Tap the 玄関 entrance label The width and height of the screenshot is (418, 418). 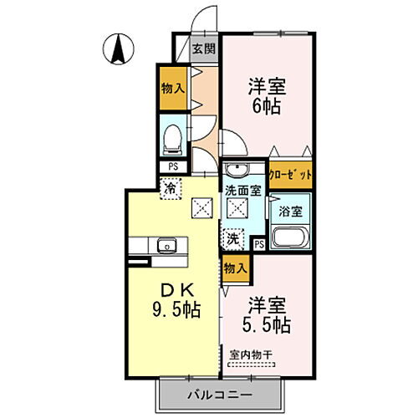[x=203, y=48]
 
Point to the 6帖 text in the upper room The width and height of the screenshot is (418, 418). [x=265, y=104]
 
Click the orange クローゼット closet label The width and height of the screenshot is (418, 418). [x=293, y=176]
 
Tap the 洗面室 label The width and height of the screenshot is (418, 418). [x=242, y=191]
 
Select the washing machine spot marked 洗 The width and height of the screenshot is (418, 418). [x=235, y=238]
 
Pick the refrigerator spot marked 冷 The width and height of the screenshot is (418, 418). [x=171, y=188]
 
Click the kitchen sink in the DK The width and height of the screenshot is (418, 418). [x=166, y=246]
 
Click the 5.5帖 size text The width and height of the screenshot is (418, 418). [x=268, y=324]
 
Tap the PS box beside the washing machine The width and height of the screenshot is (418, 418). [x=259, y=244]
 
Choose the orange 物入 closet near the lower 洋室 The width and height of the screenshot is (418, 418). [x=236, y=268]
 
